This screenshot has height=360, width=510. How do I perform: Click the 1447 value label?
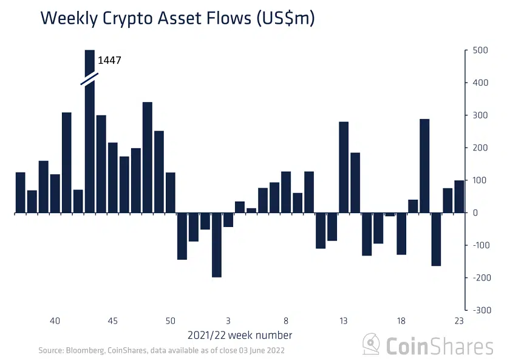tap(110, 61)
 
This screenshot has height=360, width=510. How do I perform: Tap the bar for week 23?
tap(459, 197)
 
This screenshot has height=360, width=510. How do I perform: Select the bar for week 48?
tap(147, 157)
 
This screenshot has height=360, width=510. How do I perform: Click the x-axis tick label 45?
tap(112, 321)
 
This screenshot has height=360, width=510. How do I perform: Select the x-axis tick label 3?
tap(228, 321)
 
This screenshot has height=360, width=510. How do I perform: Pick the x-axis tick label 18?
tap(401, 321)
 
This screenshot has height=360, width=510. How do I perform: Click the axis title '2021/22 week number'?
tap(240, 335)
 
